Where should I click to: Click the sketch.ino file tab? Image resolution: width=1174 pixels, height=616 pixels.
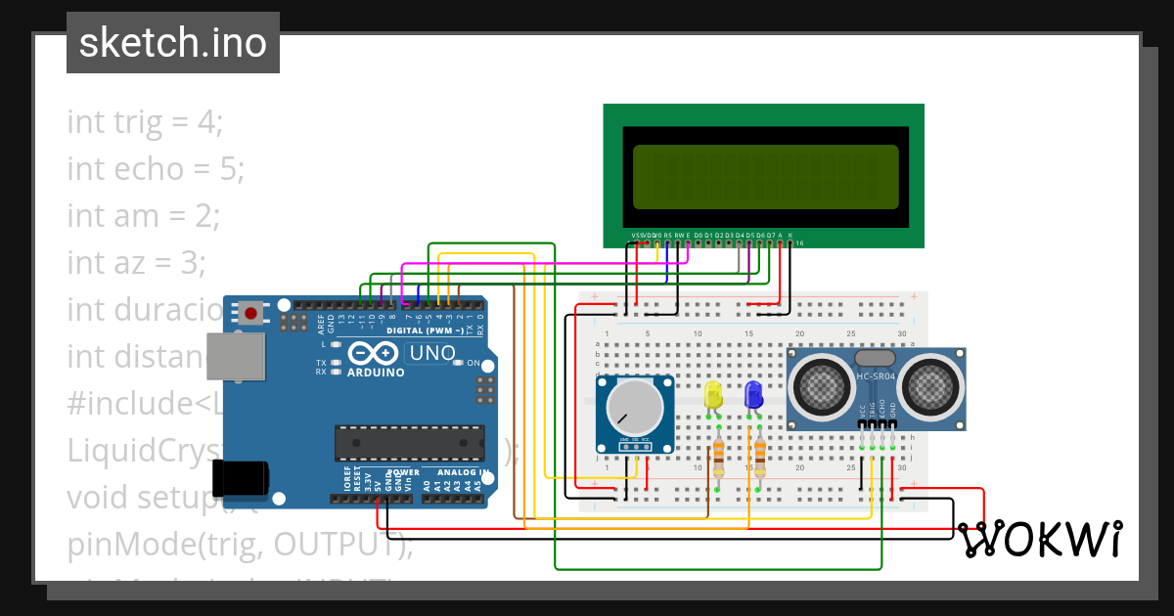pyautogui.click(x=173, y=43)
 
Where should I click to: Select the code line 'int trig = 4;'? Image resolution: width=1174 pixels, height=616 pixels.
pyautogui.click(x=145, y=122)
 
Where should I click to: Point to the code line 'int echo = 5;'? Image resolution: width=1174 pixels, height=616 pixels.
pyautogui.click(x=155, y=169)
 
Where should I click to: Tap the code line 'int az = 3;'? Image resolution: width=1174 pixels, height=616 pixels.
pyautogui.click(x=136, y=262)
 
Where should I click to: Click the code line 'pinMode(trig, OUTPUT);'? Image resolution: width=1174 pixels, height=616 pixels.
pyautogui.click(x=240, y=544)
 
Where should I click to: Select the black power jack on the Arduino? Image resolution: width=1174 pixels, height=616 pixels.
pyautogui.click(x=241, y=478)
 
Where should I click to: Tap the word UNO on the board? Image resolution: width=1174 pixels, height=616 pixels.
pyautogui.click(x=431, y=353)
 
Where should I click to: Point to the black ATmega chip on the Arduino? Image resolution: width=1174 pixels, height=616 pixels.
pyautogui.click(x=409, y=442)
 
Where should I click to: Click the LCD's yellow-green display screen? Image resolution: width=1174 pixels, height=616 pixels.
pyautogui.click(x=765, y=177)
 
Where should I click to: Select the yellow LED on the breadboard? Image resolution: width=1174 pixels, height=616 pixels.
pyautogui.click(x=713, y=395)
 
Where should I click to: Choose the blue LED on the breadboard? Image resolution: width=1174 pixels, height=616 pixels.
pyautogui.click(x=753, y=395)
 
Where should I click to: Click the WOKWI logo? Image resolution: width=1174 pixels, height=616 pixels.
pyautogui.click(x=1039, y=539)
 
